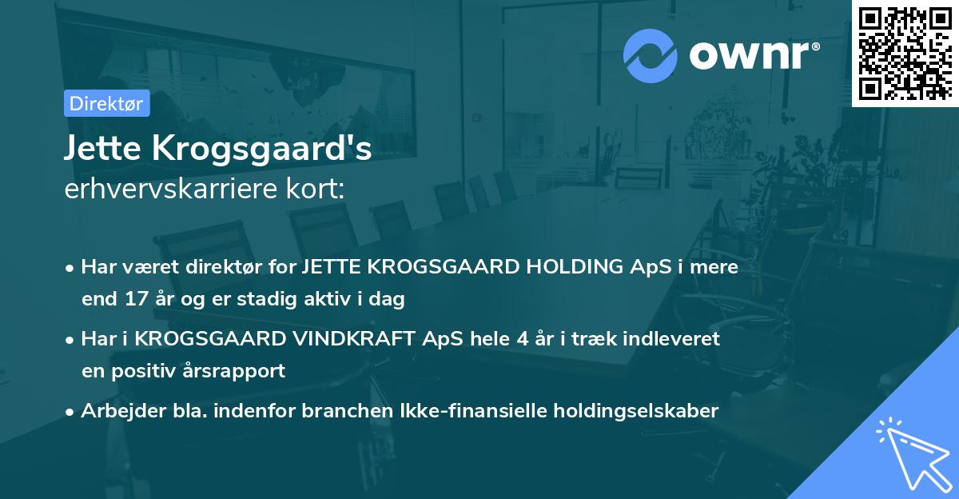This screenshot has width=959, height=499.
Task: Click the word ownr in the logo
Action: click(x=754, y=54)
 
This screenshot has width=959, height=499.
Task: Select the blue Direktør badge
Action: click(x=106, y=103)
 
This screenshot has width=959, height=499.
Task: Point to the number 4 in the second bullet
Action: click(x=523, y=338)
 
